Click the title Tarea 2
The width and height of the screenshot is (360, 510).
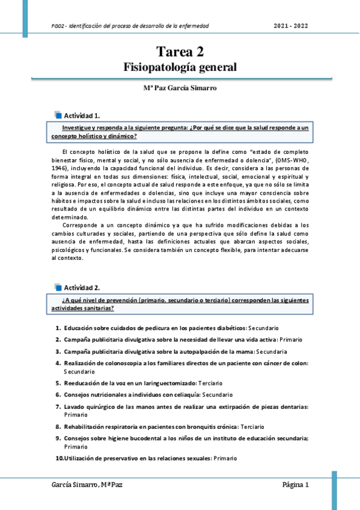[x=180, y=52]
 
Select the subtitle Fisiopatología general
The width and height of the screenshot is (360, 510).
[x=180, y=67]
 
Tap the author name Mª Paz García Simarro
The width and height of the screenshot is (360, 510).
[x=180, y=88]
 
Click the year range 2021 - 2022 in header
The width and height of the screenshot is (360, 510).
[x=291, y=26]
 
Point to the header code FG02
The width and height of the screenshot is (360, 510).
[x=58, y=26]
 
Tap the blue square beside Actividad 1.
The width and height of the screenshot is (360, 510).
[x=58, y=114]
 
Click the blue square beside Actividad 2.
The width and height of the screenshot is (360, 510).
[x=58, y=287]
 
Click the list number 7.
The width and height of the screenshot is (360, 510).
[x=58, y=407]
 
